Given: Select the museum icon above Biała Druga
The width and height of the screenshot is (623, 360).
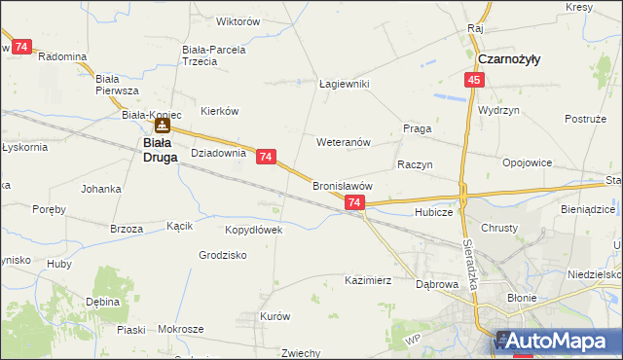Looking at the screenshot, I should pos(163,125).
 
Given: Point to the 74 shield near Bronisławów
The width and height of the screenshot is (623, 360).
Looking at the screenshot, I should pos(354,202).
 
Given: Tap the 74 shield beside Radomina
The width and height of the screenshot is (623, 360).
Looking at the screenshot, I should pos(21,46).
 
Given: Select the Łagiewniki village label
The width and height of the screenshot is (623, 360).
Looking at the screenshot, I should pos(345,84).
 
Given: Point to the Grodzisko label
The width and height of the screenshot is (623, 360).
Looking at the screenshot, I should pos(223,255).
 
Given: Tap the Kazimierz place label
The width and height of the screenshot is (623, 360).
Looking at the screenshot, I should pos(368,280).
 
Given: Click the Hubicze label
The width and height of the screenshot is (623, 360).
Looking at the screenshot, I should pos(434,211).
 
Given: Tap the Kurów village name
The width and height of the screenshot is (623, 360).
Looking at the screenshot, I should pos(275,316).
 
